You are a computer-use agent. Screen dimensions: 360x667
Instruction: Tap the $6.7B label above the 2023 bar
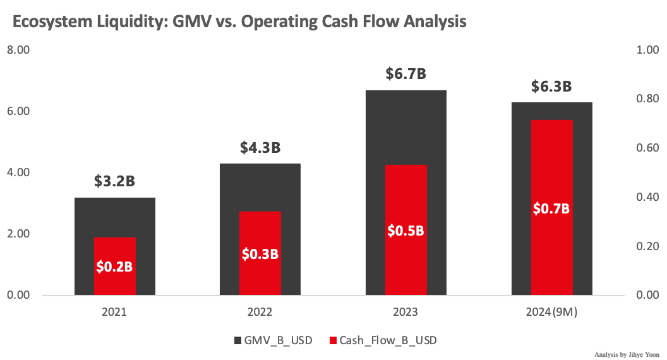(406, 74)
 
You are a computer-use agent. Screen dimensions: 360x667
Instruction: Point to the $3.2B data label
(114, 181)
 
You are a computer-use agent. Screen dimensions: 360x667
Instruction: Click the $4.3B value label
(260, 148)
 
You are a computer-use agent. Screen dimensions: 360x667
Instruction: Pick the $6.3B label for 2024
(551, 86)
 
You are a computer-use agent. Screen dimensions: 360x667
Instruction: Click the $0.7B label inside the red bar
(551, 208)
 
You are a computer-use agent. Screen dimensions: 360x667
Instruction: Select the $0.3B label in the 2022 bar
(260, 254)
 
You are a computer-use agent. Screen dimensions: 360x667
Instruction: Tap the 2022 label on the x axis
(260, 312)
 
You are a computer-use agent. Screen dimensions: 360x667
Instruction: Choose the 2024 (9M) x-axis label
(551, 312)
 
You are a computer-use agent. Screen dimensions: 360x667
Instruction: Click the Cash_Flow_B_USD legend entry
(388, 340)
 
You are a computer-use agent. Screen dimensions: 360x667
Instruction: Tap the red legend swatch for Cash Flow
(333, 340)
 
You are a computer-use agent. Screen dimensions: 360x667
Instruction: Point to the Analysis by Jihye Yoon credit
(627, 354)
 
